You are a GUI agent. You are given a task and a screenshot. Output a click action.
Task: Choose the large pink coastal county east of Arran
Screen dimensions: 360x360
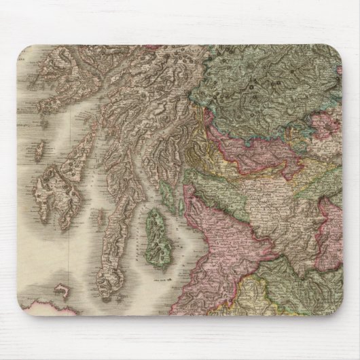pyautogui.click(x=217, y=224)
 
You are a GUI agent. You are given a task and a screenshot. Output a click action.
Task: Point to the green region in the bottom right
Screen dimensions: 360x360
pyautogui.click(x=306, y=299)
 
